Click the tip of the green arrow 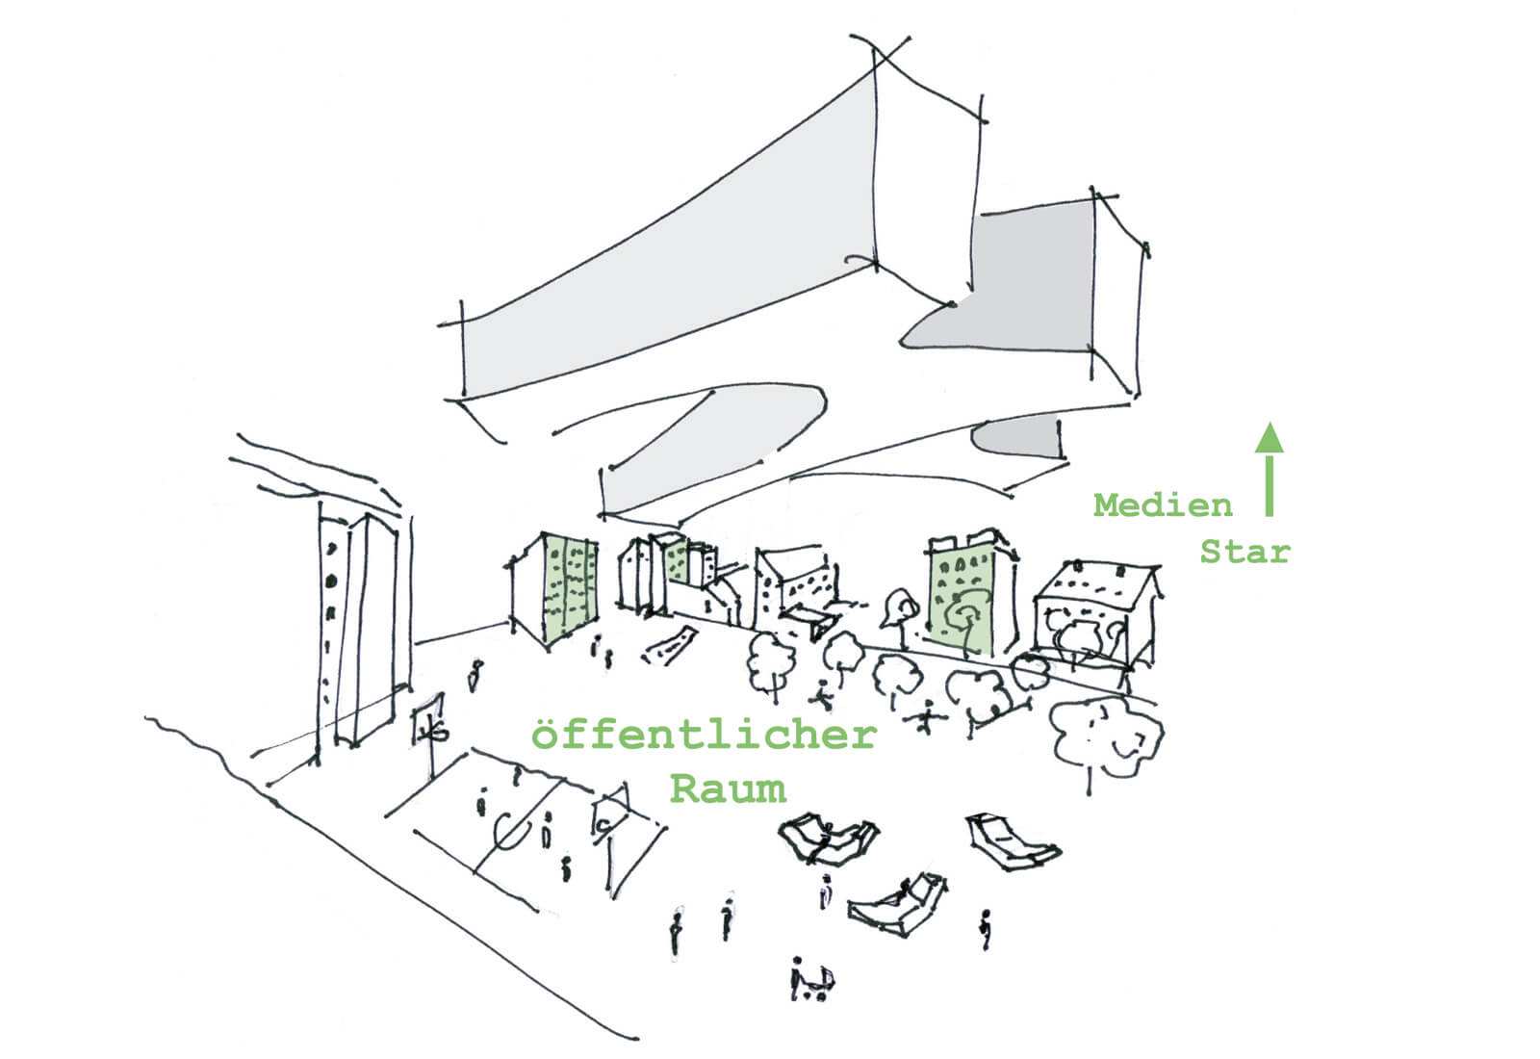click(1270, 423)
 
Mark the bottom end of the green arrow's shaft click(1270, 516)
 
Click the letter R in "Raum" click(684, 788)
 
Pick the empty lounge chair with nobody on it click(1012, 841)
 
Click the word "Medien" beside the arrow click(1163, 504)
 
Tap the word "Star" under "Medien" click(1245, 552)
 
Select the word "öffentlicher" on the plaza click(704, 735)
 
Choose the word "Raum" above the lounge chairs click(728, 788)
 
